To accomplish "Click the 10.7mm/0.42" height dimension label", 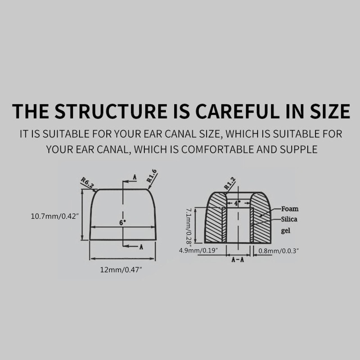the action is pos(55,216).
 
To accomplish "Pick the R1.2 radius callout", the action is pos(229,184).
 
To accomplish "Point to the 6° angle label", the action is pos(122,222).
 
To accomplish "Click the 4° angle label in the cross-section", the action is pos(236,203).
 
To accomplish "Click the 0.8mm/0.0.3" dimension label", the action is pos(277,250).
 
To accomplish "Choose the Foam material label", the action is pos(290,209).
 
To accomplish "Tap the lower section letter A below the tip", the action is pos(141,247).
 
